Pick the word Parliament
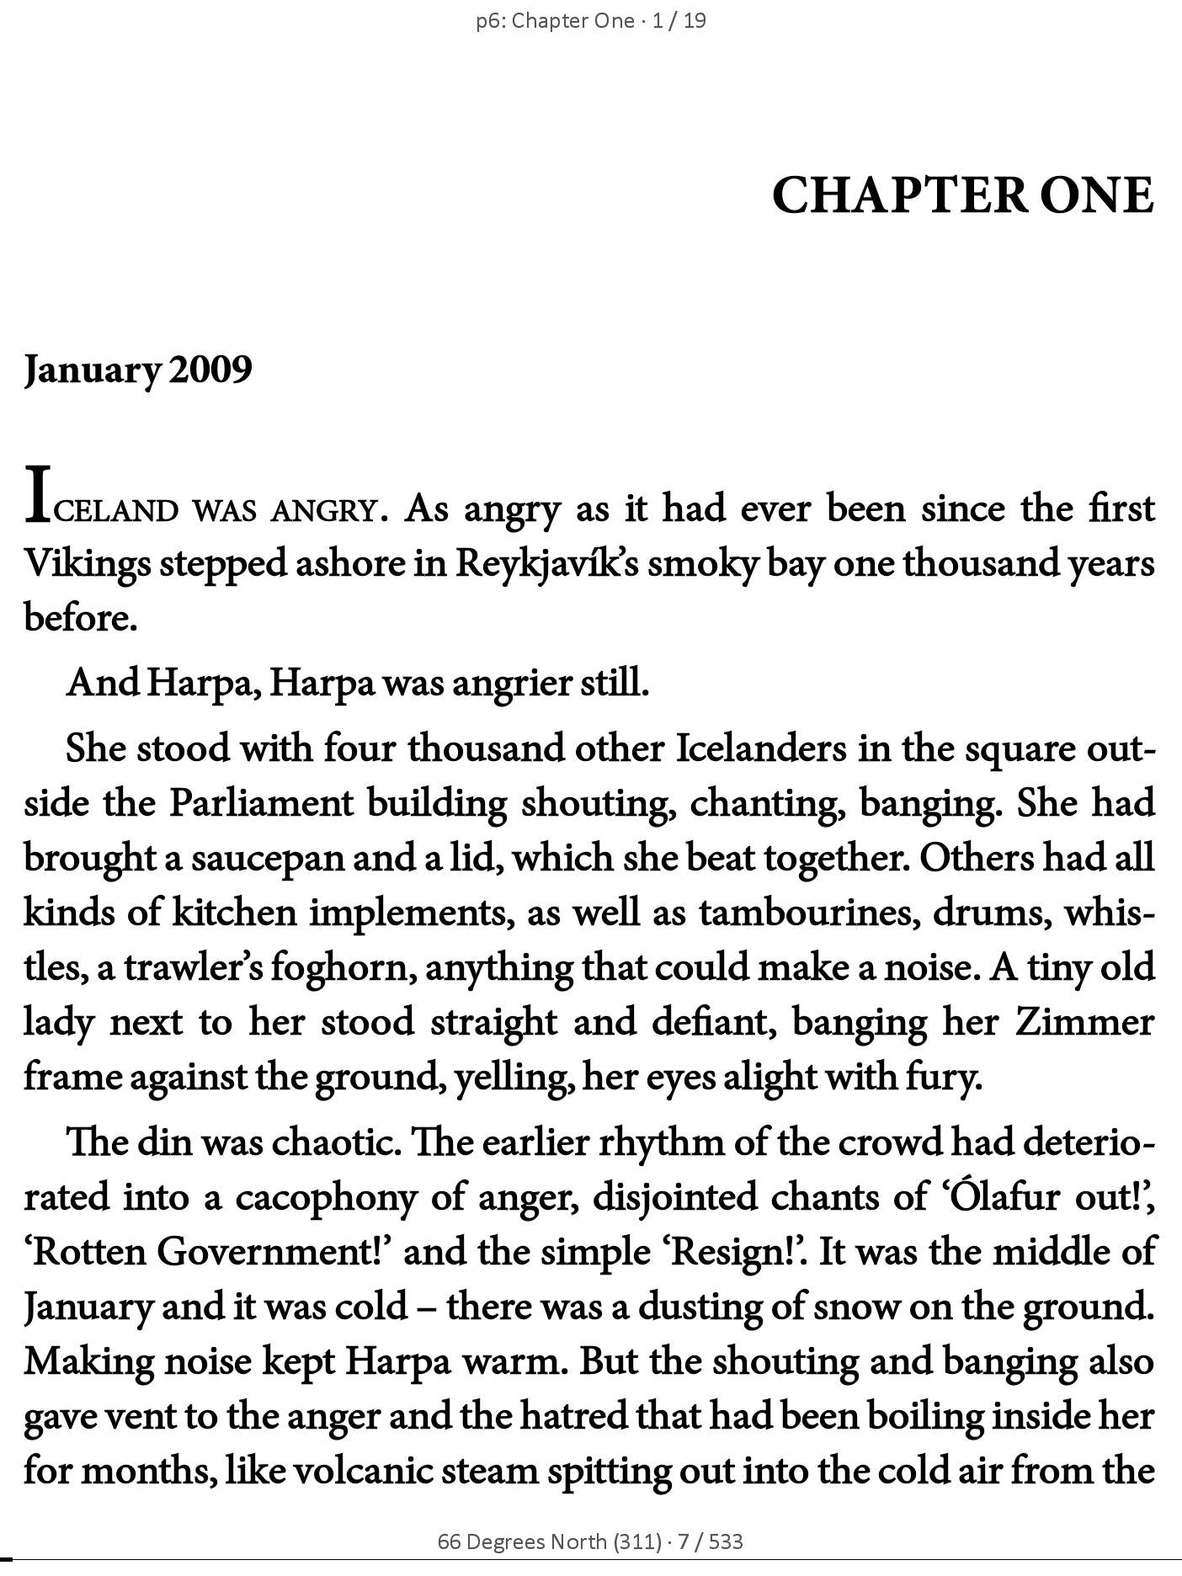pos(261,803)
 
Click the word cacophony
pos(326,1197)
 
